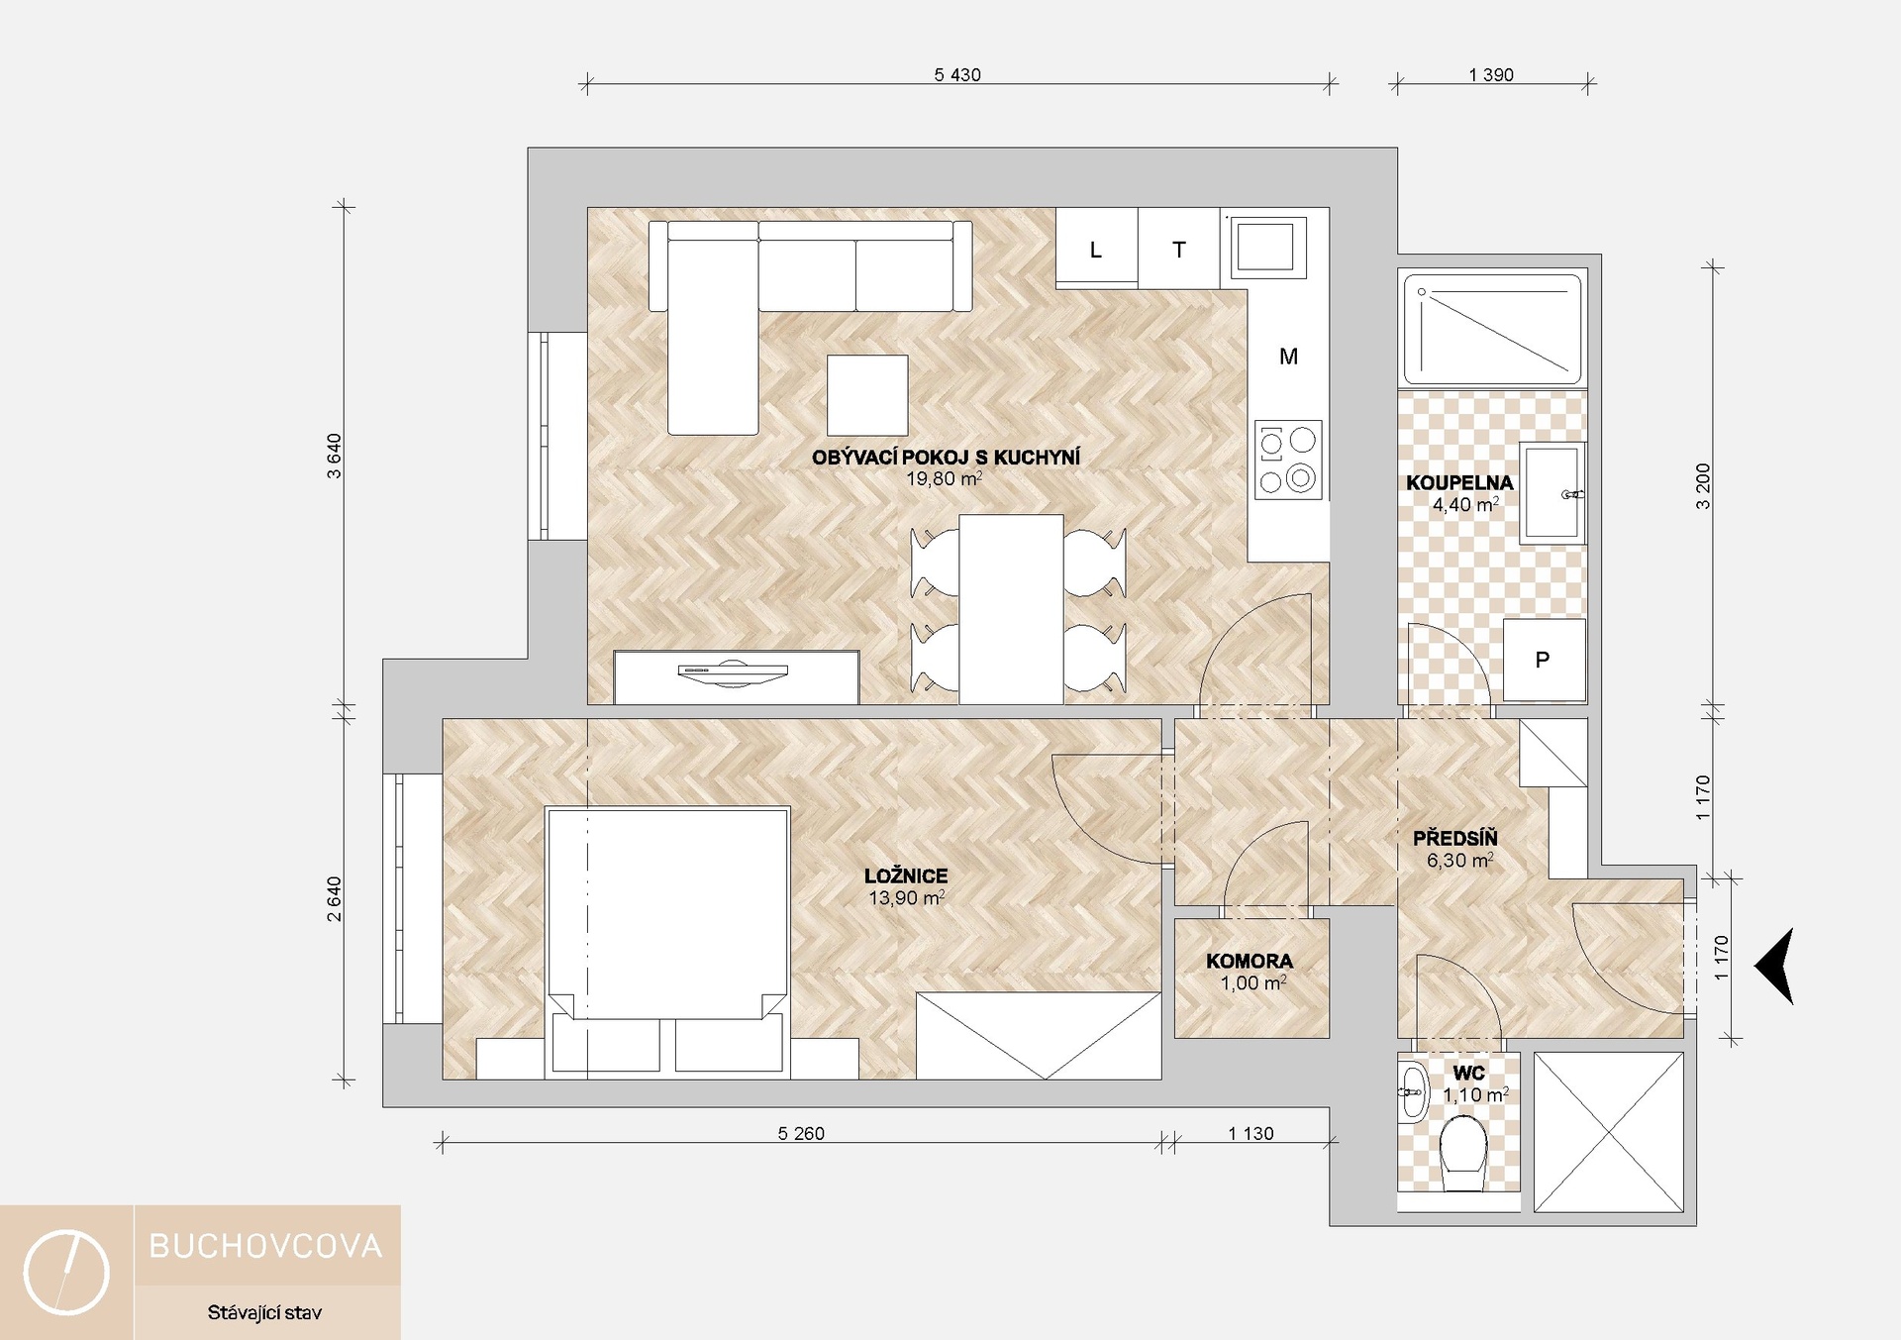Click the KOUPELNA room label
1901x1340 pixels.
tap(1459, 483)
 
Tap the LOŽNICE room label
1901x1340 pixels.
tap(906, 876)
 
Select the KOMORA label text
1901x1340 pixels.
tap(1250, 962)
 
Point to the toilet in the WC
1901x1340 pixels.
tap(1463, 1155)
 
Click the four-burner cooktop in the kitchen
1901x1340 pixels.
tap(1288, 460)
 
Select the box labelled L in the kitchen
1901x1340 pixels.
tap(1096, 248)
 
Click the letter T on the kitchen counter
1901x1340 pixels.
tap(1179, 250)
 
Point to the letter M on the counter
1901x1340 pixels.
tap(1288, 357)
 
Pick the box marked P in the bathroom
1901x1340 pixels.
tap(1544, 660)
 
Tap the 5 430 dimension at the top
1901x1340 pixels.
tap(957, 75)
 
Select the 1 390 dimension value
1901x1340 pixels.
tap(1491, 75)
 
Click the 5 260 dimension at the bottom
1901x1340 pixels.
tap(801, 1134)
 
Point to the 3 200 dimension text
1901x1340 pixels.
tap(1703, 486)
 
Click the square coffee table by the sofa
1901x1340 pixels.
tap(867, 395)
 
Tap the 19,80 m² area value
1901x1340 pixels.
tap(945, 479)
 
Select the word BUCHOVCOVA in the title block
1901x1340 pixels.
tap(265, 1246)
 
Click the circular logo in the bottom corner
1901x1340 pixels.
tap(66, 1273)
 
